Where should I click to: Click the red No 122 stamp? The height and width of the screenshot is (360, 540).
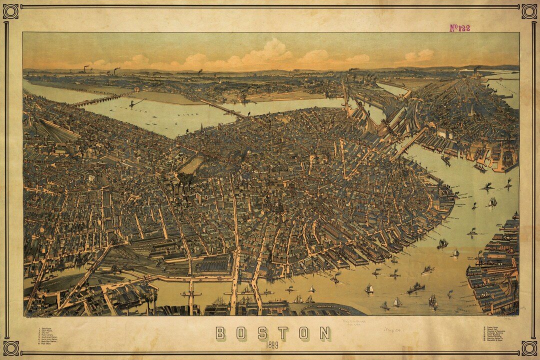pos(459,28)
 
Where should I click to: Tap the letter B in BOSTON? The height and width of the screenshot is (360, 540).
pos(220,333)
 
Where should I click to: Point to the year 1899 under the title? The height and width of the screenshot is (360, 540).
pos(273,344)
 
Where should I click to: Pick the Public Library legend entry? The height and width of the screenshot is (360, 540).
pos(49,335)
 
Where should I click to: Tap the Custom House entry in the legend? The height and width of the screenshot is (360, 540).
pos(492,327)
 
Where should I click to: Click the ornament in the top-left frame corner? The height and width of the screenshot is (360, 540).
pos(10,11)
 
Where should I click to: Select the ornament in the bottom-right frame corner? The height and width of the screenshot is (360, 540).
pos(529,348)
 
